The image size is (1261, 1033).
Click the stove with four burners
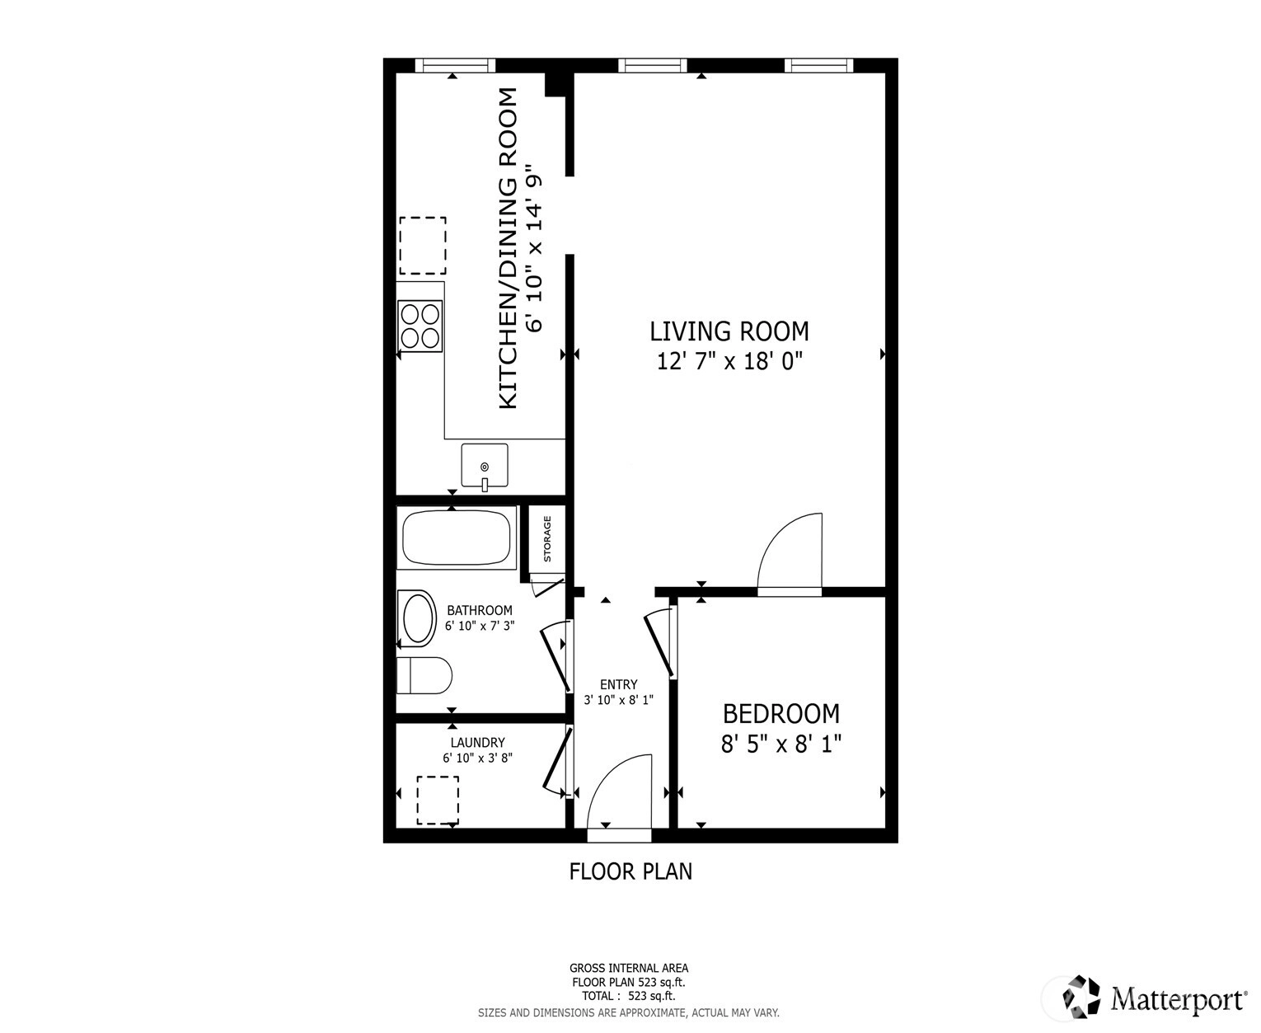click(420, 326)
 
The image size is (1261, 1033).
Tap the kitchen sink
click(485, 465)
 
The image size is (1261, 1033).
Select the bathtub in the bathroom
click(457, 538)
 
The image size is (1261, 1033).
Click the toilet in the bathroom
click(424, 675)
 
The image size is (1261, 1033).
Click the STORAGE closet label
click(547, 538)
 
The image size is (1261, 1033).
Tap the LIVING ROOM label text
click(729, 331)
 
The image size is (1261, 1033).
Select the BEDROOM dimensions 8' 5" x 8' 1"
click(781, 744)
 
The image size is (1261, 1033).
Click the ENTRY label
click(619, 684)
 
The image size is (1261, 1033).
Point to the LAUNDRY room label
click(478, 742)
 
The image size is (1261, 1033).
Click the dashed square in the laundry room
click(438, 801)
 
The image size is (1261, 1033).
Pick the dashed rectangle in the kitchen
click(423, 245)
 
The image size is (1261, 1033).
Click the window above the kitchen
click(456, 65)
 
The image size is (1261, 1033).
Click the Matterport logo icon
click(1081, 996)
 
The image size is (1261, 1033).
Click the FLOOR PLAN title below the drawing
click(630, 871)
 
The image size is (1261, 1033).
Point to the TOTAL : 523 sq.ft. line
click(628, 996)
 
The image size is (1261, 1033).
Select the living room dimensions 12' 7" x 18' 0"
click(729, 361)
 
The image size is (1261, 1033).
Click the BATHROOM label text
click(480, 610)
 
